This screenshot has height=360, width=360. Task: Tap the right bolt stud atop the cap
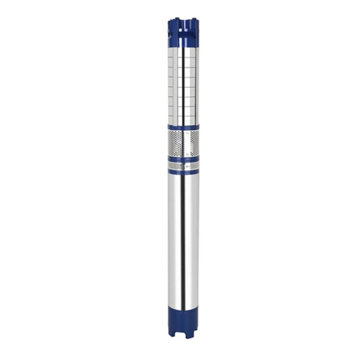(x=195, y=18)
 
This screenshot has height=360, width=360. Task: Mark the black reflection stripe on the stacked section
(x=183, y=86)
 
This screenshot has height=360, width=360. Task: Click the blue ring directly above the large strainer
(x=183, y=127)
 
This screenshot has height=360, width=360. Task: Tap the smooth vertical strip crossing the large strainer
(x=186, y=143)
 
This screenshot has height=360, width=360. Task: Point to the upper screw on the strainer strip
(x=186, y=133)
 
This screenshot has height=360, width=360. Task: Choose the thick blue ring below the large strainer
(x=183, y=159)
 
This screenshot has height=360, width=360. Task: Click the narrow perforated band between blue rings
(x=176, y=166)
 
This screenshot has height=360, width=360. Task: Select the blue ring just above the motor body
(x=183, y=172)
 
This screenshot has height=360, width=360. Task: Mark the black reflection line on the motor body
(x=183, y=245)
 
